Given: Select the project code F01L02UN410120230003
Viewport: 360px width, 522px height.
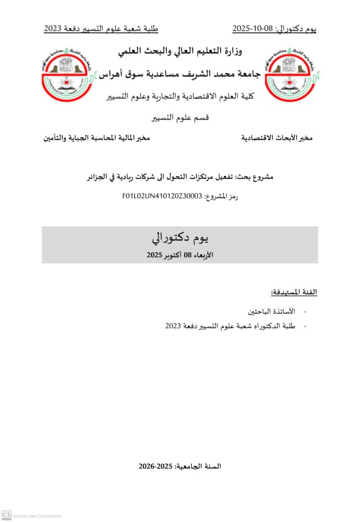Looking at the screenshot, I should (x=162, y=196).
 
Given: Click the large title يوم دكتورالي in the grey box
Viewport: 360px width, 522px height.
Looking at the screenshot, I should (x=180, y=238).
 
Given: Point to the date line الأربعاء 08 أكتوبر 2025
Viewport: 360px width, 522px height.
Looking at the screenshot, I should (x=180, y=254).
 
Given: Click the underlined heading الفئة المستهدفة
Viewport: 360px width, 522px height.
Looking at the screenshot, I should (x=294, y=292).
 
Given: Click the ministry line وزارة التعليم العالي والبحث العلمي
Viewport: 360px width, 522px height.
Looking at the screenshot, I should (x=180, y=51).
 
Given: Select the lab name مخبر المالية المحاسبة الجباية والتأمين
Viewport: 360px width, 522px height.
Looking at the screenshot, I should (x=96, y=138).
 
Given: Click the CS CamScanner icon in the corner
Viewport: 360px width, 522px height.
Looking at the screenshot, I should (x=7, y=515).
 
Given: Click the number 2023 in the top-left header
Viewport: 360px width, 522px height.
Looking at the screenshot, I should (x=53, y=29).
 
